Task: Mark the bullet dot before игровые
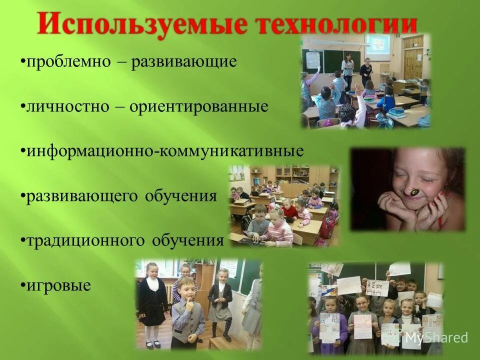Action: (23, 286)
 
